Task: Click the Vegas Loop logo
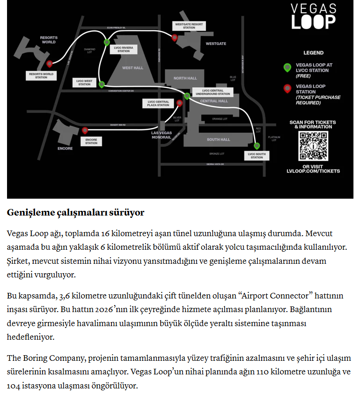pos(313,16)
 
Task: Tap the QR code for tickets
pos(313,146)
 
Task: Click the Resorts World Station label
pos(41,75)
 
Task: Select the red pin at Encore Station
pos(85,131)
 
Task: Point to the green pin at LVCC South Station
pos(257,146)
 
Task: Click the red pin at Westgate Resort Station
pos(175,37)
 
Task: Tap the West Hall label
pos(132,68)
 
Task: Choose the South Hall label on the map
pos(219,140)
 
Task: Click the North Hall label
pos(185,78)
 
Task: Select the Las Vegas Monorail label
pos(161,135)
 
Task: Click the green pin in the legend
pos(287,67)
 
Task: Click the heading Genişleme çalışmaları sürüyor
pos(75,212)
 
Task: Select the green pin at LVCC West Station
pos(102,84)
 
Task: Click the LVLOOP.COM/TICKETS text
pos(313,171)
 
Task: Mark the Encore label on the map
pos(65,149)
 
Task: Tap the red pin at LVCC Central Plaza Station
pos(179,103)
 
